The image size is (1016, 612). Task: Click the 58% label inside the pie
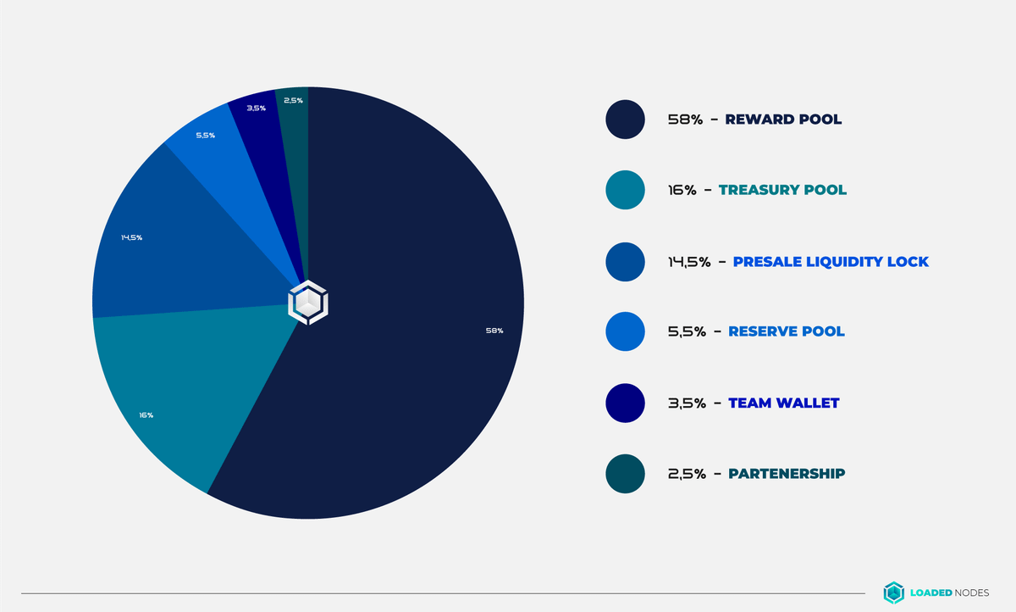[494, 331]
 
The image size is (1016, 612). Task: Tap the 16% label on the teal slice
[146, 415]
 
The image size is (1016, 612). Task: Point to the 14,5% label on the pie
[131, 237]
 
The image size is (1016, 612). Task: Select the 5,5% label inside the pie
[205, 136]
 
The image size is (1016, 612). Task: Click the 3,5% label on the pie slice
[256, 108]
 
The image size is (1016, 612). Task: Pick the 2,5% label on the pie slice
[293, 100]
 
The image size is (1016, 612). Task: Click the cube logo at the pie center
[307, 303]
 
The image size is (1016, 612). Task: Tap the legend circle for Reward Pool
[626, 120]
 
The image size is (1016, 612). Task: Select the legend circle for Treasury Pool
[626, 190]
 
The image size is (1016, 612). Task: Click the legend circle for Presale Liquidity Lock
[626, 261]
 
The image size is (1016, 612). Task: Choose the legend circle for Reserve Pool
[626, 331]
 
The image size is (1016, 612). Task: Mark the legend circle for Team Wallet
[626, 403]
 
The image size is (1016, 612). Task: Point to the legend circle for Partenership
[626, 473]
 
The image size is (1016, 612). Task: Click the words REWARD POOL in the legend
[783, 120]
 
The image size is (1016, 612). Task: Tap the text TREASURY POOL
[782, 190]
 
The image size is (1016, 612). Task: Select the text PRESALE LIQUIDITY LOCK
[831, 261]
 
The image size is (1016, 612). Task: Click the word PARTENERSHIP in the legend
[787, 473]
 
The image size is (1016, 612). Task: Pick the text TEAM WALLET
[783, 403]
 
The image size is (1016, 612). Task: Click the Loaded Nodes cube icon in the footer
[894, 593]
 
